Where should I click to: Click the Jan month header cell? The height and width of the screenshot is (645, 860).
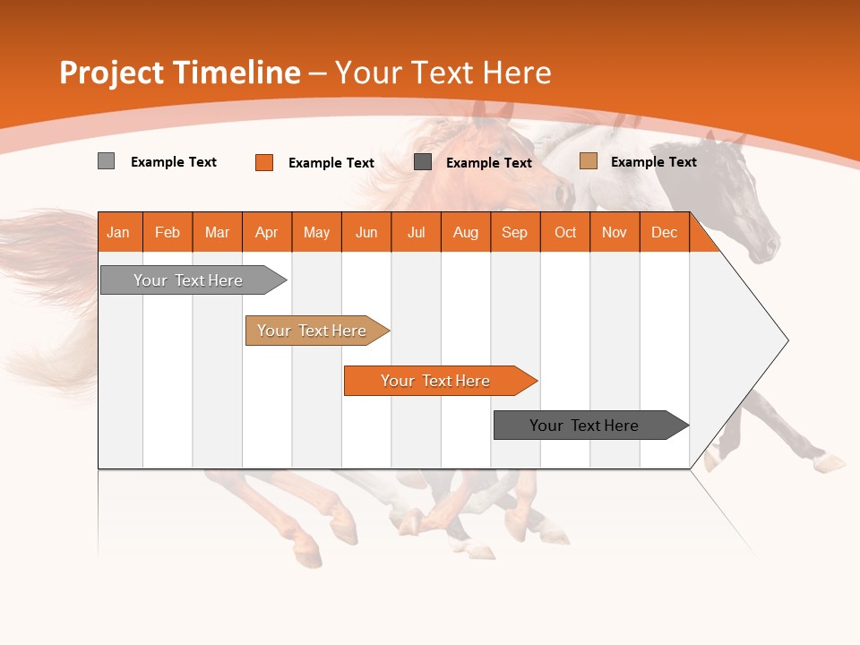click(x=119, y=232)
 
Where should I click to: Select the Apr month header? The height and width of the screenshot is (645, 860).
click(x=267, y=232)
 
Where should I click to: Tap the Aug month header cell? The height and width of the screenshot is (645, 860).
click(x=466, y=232)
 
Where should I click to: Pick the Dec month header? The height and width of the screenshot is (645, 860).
click(x=665, y=232)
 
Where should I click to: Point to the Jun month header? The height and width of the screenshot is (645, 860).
click(x=366, y=232)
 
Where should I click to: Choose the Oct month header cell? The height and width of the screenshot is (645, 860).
click(x=565, y=232)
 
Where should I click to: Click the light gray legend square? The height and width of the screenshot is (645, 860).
click(x=106, y=161)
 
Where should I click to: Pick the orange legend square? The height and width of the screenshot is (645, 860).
click(x=263, y=162)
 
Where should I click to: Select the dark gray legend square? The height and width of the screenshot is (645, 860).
click(x=423, y=162)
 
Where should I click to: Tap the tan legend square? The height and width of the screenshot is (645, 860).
click(x=588, y=161)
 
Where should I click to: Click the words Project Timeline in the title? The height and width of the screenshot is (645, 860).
click(x=179, y=73)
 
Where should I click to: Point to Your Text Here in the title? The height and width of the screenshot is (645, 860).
click(x=443, y=73)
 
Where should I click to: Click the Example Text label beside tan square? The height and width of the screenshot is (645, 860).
click(x=653, y=161)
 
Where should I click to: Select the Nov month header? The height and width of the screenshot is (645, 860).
click(x=615, y=232)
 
